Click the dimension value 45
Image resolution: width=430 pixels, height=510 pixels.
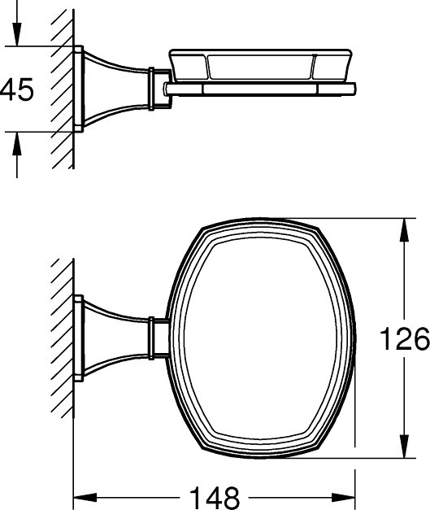[17, 89]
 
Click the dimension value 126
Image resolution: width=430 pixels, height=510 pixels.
[405, 338]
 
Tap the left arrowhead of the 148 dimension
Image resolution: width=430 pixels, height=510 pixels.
[85, 497]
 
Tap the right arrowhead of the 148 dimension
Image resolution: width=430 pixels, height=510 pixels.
[343, 497]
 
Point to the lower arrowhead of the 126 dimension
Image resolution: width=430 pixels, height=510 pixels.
[404, 447]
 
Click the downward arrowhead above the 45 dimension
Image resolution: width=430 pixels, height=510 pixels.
[17, 34]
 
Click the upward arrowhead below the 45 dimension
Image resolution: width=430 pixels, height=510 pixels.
[17, 144]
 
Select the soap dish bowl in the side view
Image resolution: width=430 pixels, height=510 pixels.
[261, 65]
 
